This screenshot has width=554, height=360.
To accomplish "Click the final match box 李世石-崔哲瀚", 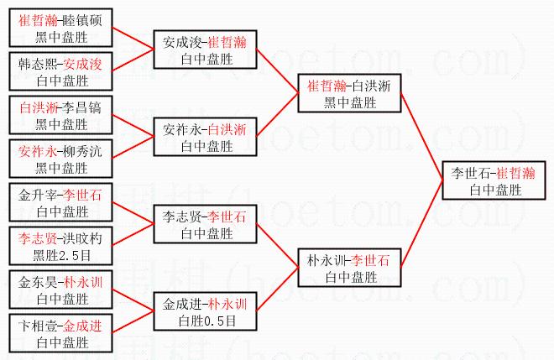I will (494, 181).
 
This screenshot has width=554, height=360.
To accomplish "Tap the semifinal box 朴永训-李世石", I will (350, 267).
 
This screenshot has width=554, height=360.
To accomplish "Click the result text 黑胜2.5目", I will (61, 254).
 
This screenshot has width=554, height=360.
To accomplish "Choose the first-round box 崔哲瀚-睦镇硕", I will (61, 26).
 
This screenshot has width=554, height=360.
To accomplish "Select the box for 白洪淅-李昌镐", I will (61, 116).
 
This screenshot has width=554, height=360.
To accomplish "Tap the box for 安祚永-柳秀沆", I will (61, 159).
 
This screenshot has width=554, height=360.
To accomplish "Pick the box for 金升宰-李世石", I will (61, 202).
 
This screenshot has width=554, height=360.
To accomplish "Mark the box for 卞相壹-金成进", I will (61, 333).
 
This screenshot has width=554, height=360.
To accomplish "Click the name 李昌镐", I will (81, 108).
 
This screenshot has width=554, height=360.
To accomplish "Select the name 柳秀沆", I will (81, 152).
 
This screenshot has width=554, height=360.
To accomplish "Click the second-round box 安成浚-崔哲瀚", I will (206, 50).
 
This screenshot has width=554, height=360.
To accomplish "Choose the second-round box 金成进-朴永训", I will (206, 311).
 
